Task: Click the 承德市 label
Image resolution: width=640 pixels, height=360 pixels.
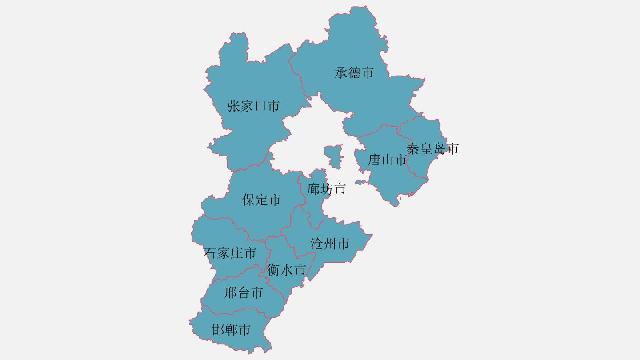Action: [x=354, y=73]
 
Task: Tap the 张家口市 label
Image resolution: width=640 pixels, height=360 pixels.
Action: [x=253, y=106]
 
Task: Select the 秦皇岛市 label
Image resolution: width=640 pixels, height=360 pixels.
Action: [x=432, y=148]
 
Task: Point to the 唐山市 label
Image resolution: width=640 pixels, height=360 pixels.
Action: [x=387, y=160]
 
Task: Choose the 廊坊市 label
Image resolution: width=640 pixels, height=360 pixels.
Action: [x=326, y=189]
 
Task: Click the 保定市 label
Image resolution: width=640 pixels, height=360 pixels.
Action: [x=261, y=200]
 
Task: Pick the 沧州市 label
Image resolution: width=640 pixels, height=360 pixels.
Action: [x=329, y=244]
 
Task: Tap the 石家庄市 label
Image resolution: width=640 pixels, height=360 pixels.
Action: [x=230, y=253]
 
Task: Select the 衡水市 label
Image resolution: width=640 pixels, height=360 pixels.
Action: [x=287, y=270]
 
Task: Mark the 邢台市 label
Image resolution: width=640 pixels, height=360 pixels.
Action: [x=243, y=293]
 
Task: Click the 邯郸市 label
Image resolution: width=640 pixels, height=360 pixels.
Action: [x=231, y=330]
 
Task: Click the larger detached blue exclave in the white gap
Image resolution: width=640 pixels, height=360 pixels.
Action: [x=333, y=156]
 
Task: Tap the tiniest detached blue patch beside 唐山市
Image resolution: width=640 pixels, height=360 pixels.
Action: [x=360, y=182]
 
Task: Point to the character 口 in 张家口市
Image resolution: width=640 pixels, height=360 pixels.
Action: [x=260, y=106]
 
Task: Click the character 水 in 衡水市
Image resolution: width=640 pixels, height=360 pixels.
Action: [x=287, y=270]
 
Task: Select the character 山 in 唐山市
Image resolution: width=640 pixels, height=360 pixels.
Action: [x=387, y=160]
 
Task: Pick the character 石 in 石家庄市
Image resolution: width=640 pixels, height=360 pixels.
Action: [x=210, y=253]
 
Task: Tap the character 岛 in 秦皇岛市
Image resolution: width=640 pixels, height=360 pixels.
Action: [x=439, y=148]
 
